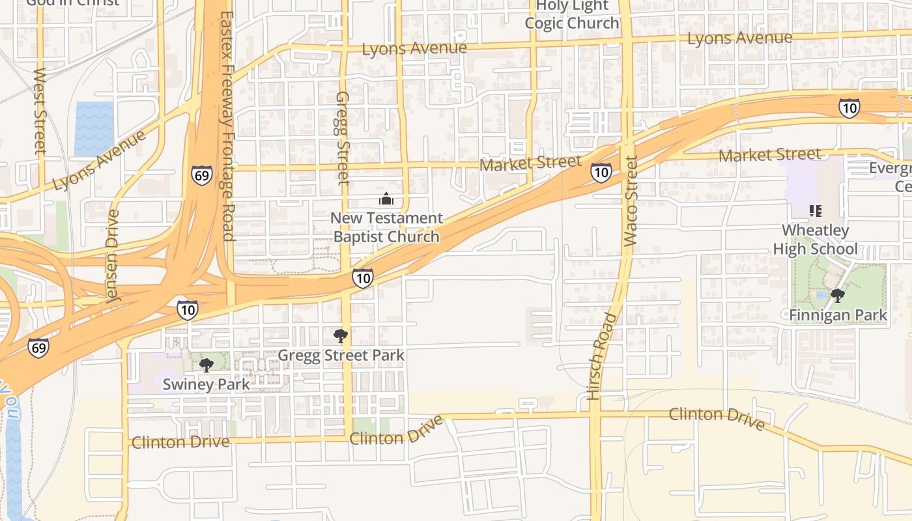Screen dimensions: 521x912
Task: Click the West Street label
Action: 40,111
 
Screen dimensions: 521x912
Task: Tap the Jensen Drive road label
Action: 113,255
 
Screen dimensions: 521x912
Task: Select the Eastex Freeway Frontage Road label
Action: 227,126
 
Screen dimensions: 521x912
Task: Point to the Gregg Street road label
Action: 343,137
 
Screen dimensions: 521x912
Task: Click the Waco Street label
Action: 630,201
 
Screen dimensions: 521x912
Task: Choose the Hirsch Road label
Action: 601,356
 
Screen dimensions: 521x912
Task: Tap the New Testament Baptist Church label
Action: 387,227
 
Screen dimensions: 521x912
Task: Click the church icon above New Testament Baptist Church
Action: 386,199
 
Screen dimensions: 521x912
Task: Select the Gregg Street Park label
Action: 341,356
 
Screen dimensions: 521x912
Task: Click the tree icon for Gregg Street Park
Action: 340,336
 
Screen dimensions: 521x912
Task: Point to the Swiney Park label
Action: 206,384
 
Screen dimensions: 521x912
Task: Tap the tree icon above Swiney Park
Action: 207,365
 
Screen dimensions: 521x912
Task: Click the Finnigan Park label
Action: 838,316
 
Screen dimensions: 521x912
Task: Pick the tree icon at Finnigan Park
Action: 838,296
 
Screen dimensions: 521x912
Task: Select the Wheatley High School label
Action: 815,240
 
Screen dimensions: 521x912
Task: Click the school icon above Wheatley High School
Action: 815,210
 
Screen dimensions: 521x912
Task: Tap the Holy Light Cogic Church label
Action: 572,14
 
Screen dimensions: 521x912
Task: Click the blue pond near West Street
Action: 94,128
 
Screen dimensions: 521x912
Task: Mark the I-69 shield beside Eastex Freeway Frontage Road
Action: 202,175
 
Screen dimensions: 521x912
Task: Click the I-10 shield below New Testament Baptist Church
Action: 363,278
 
